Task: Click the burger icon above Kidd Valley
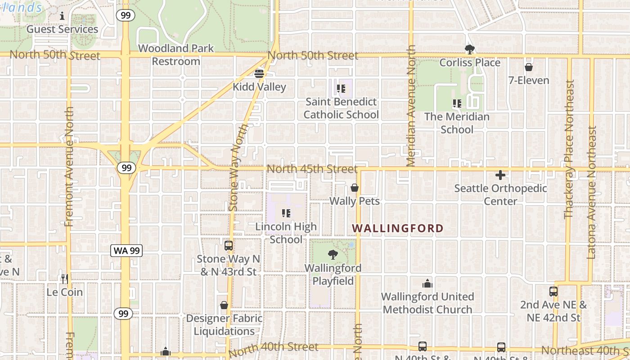[259, 73]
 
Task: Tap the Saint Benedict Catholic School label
[341, 108]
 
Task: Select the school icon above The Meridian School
[457, 103]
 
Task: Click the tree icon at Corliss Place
[470, 49]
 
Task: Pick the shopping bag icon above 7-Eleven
[529, 67]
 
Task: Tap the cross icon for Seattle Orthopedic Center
[500, 175]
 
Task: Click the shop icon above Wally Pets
[355, 188]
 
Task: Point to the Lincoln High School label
[286, 233]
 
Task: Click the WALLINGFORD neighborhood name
[398, 228]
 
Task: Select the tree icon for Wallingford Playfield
[333, 255]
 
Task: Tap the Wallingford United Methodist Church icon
[427, 283]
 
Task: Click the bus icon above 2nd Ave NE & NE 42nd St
[553, 291]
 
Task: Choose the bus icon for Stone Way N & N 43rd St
[229, 246]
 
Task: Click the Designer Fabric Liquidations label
[224, 324]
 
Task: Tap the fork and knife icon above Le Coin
[65, 279]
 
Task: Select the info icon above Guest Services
[62, 16]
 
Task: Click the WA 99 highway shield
[126, 251]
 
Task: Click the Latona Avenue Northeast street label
[592, 192]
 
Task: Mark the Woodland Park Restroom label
[176, 54]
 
